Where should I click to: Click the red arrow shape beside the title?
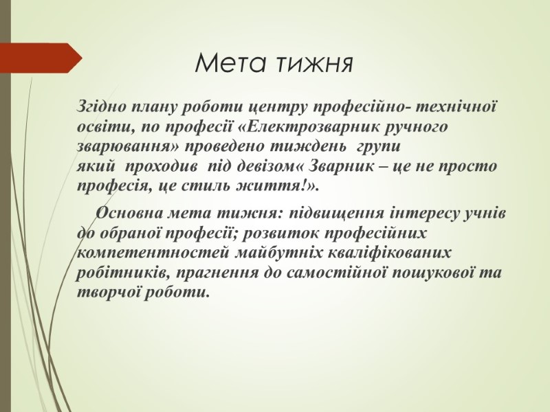click(41, 58)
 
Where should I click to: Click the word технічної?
click(456, 106)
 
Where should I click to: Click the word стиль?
click(206, 186)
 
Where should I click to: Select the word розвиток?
click(280, 233)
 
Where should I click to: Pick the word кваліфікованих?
click(388, 253)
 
